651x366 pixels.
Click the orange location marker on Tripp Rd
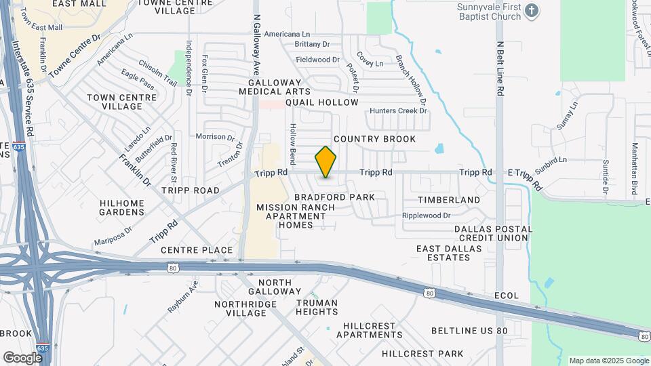325,162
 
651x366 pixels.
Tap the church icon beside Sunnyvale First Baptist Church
532,10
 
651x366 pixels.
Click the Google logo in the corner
22,357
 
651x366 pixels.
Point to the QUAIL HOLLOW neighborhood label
321,102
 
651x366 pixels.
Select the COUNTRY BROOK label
374,139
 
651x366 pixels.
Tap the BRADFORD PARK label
334,197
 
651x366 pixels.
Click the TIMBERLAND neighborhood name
448,200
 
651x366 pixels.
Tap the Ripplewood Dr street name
426,216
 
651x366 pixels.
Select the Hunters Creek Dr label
398,110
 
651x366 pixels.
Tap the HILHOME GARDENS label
122,207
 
